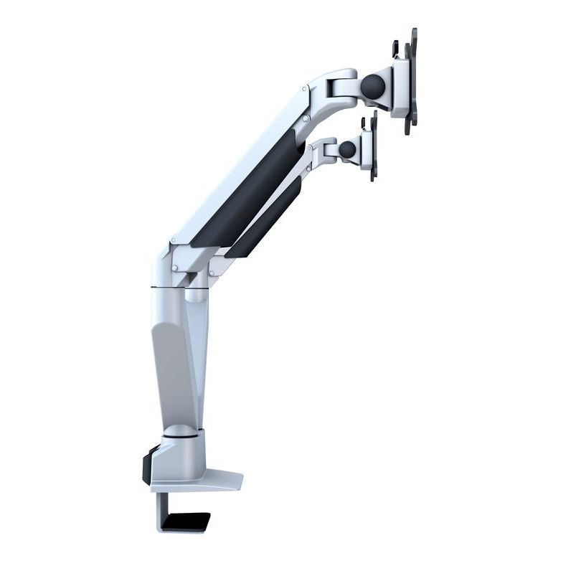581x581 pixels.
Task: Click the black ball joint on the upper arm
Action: (372, 87)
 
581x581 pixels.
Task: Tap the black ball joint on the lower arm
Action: (347, 150)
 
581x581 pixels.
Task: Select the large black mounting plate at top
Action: (411, 80)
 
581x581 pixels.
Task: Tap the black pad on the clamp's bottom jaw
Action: (185, 521)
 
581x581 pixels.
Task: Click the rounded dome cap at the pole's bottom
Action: (179, 431)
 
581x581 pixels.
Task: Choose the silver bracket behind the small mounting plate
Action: (365, 149)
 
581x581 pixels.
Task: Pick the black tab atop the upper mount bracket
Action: (395, 48)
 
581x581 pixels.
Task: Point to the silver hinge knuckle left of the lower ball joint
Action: (327, 151)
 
